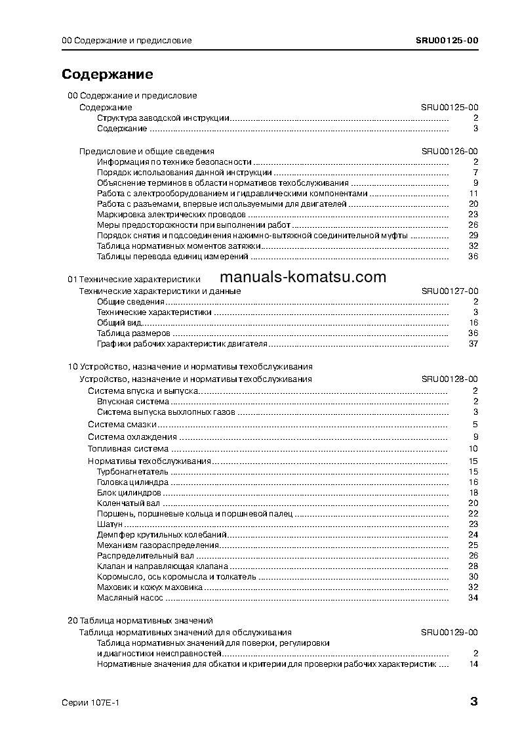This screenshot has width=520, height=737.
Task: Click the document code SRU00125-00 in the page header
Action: tap(447, 40)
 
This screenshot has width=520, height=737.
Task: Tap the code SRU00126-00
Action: tap(449, 151)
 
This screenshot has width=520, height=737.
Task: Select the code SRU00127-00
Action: tap(449, 291)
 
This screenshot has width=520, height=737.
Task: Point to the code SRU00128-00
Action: tap(449, 379)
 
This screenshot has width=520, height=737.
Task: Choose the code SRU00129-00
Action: tap(449, 632)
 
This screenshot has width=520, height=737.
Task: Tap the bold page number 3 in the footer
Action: tap(473, 702)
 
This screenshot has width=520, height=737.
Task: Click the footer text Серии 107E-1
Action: tap(90, 702)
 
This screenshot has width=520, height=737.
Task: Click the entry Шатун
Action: tap(110, 524)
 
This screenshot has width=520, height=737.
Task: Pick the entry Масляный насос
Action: tap(129, 598)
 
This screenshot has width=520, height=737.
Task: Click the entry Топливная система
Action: tap(128, 449)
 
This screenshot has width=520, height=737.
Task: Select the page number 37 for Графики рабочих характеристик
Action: tap(473, 344)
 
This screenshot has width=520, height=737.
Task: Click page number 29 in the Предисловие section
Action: tap(473, 235)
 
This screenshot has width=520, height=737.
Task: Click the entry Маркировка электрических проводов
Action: tap(171, 214)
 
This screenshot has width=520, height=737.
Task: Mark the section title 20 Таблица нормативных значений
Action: tap(140, 620)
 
